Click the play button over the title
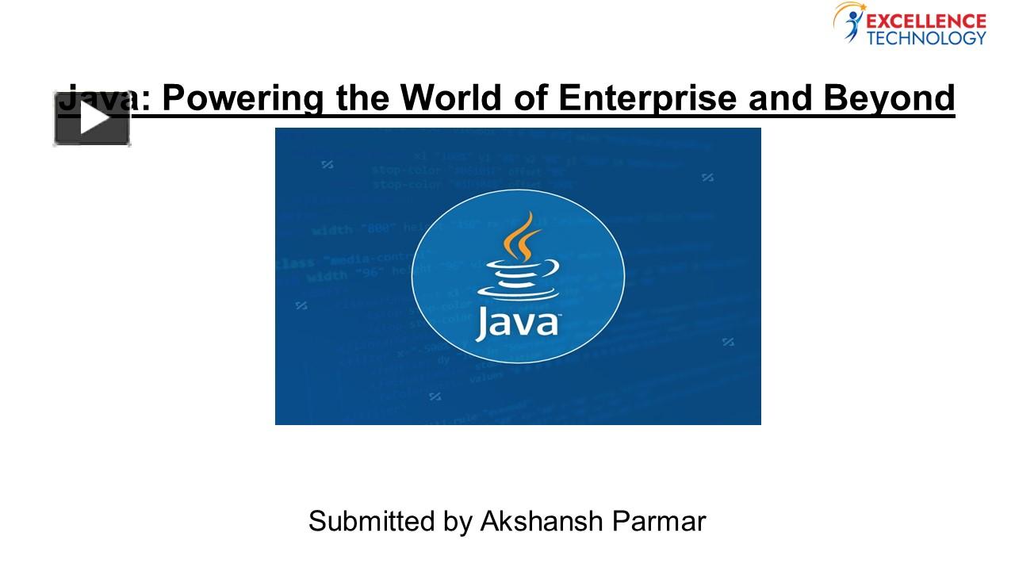[92, 120]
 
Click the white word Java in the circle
[517, 325]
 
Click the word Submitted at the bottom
[366, 522]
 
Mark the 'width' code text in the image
[331, 231]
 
